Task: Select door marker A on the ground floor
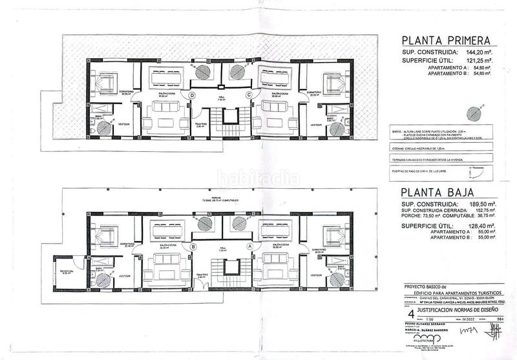coord(249,246)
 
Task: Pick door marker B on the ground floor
coord(193,246)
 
